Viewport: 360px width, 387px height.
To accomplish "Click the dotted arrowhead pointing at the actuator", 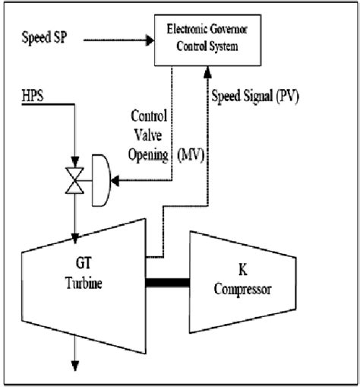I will click(x=116, y=181).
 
